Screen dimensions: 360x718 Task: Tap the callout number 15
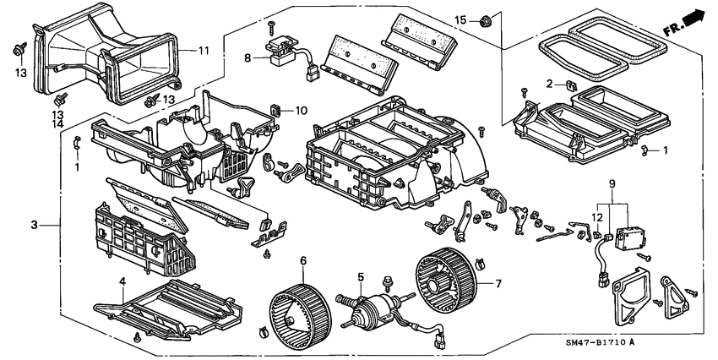460,19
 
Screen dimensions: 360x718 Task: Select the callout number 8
247,58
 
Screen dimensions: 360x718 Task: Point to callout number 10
301,111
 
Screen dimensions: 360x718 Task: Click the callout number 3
35,225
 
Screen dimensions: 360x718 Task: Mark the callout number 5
361,276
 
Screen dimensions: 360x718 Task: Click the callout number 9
612,183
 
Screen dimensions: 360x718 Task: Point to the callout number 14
58,124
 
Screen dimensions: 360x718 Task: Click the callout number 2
549,85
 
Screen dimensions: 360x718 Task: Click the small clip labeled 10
276,109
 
